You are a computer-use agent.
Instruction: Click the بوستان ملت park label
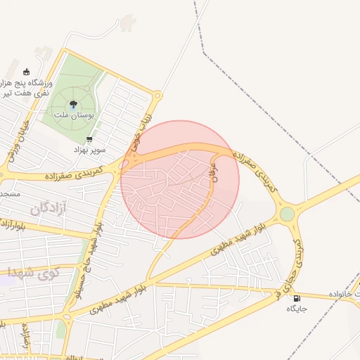70,114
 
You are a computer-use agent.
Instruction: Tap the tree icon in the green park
73,104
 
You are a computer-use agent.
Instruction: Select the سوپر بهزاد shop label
91,150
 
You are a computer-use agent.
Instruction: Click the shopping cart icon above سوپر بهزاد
89,139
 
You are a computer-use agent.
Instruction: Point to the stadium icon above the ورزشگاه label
27,71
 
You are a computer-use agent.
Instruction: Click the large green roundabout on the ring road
287,214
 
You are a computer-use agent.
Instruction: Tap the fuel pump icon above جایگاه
295,297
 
